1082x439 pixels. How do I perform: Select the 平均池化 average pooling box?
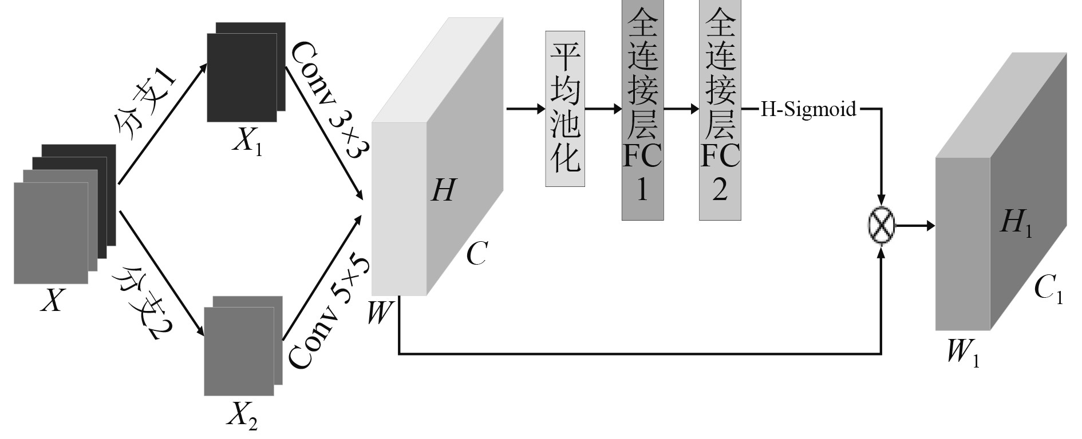(565, 109)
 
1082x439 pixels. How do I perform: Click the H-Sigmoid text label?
(808, 109)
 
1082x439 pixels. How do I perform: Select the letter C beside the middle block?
(476, 253)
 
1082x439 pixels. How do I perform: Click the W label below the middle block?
(380, 313)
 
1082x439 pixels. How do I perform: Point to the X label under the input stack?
(52, 300)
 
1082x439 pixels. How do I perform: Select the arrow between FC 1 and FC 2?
(681, 109)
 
